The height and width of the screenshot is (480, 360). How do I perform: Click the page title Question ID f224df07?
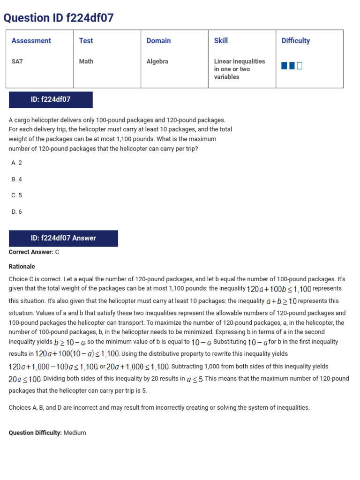pyautogui.click(x=59, y=18)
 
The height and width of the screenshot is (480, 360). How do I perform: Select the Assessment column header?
pyautogui.click(x=31, y=41)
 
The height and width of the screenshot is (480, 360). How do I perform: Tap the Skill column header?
pyautogui.click(x=221, y=41)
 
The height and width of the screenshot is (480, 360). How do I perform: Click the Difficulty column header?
pyautogui.click(x=295, y=41)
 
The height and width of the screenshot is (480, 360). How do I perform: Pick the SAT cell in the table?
pyautogui.click(x=17, y=61)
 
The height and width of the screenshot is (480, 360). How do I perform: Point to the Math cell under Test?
pyautogui.click(x=86, y=61)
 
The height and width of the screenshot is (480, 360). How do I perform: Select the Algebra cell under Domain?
pyautogui.click(x=157, y=61)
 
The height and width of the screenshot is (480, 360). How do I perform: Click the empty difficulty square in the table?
pyautogui.click(x=300, y=66)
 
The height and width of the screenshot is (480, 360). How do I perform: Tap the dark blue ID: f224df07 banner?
pyautogui.click(x=51, y=99)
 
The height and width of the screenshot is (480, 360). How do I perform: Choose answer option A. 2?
pyautogui.click(x=17, y=163)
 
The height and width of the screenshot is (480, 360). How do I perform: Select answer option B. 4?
pyautogui.click(x=17, y=179)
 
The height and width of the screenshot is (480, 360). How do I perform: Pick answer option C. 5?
pyautogui.click(x=17, y=195)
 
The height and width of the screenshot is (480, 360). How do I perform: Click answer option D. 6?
pyautogui.click(x=17, y=212)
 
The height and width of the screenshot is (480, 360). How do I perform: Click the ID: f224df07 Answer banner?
pyautogui.click(x=63, y=238)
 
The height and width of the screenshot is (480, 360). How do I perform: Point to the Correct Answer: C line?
pyautogui.click(x=34, y=252)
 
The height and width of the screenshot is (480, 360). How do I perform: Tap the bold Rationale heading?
pyautogui.click(x=22, y=266)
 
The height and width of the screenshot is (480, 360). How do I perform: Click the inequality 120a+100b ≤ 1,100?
pyautogui.click(x=279, y=289)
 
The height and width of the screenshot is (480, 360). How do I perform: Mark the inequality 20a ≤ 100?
pyautogui.click(x=25, y=379)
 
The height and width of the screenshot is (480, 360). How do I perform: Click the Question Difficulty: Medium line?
pyautogui.click(x=47, y=433)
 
